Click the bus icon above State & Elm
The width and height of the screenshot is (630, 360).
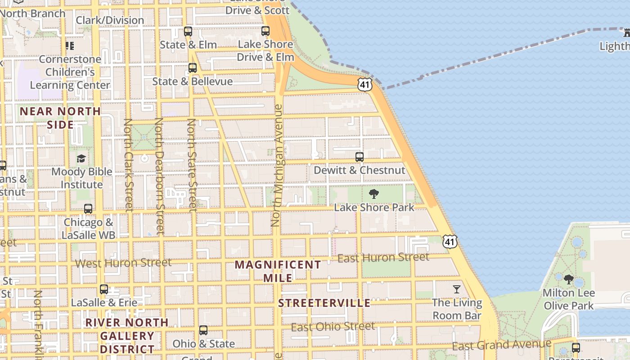[188, 31]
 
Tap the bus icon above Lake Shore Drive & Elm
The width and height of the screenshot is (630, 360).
[265, 31]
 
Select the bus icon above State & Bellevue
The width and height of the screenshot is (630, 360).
[193, 68]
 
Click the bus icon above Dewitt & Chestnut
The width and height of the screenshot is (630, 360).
[360, 157]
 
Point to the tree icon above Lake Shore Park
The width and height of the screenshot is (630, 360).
[373, 194]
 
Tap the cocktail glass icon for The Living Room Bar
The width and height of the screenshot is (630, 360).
[457, 289]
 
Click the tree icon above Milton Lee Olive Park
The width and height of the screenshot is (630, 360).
[568, 279]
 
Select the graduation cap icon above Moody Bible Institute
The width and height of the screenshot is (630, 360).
[81, 158]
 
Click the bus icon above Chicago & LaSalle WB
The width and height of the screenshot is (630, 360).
[88, 209]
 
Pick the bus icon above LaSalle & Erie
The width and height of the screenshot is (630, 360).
[104, 289]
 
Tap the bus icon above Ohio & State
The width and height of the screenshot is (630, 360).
[203, 330]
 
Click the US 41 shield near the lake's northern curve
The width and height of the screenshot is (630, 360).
[365, 84]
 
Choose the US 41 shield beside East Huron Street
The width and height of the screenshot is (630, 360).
[450, 241]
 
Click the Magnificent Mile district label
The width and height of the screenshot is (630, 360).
[278, 271]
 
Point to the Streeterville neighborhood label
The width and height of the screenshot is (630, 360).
[324, 303]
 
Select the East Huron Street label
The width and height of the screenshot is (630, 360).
[383, 258]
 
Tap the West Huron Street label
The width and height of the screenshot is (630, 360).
[123, 263]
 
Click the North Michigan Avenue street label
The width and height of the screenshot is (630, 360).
[277, 166]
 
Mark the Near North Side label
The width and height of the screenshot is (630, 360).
[60, 117]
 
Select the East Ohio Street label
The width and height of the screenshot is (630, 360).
[333, 327]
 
